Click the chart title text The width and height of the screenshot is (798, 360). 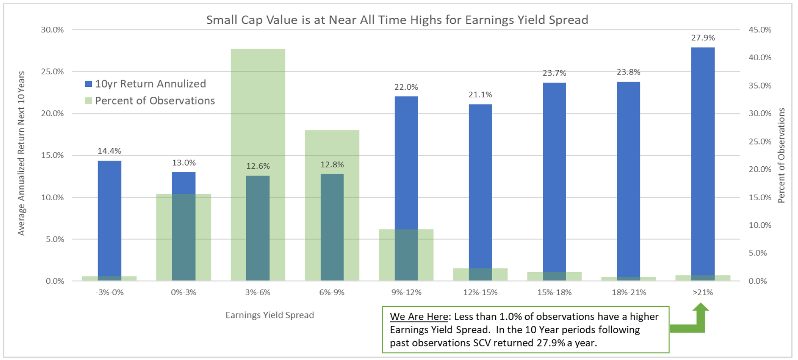pyautogui.click(x=397, y=20)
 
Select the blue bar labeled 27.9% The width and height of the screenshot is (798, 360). pyautogui.click(x=703, y=159)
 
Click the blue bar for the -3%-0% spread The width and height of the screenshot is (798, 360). pyautogui.click(x=109, y=218)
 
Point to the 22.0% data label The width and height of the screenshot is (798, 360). pyautogui.click(x=406, y=87)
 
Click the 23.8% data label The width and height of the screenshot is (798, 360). pyautogui.click(x=628, y=72)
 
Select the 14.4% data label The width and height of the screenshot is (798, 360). pyautogui.click(x=109, y=151)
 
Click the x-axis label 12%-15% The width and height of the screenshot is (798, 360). pyautogui.click(x=480, y=293)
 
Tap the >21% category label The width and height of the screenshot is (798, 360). pyautogui.click(x=703, y=293)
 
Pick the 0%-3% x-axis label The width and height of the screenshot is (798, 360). pyautogui.click(x=183, y=293)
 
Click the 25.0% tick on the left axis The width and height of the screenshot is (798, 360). pyautogui.click(x=52, y=72)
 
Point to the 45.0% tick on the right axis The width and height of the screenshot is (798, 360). pyautogui.click(x=760, y=30)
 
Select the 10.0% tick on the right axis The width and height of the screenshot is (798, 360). pyautogui.click(x=760, y=225)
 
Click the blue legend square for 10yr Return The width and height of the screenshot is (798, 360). pyautogui.click(x=89, y=84)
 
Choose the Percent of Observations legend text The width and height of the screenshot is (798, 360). pyautogui.click(x=155, y=101)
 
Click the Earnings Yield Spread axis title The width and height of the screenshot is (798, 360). pyautogui.click(x=269, y=315)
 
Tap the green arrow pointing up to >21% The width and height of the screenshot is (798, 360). pyautogui.click(x=700, y=316)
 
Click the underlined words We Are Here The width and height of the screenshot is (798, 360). pyautogui.click(x=419, y=317)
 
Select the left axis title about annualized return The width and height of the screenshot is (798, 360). pyautogui.click(x=21, y=153)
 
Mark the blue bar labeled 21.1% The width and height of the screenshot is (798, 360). pyautogui.click(x=480, y=187)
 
